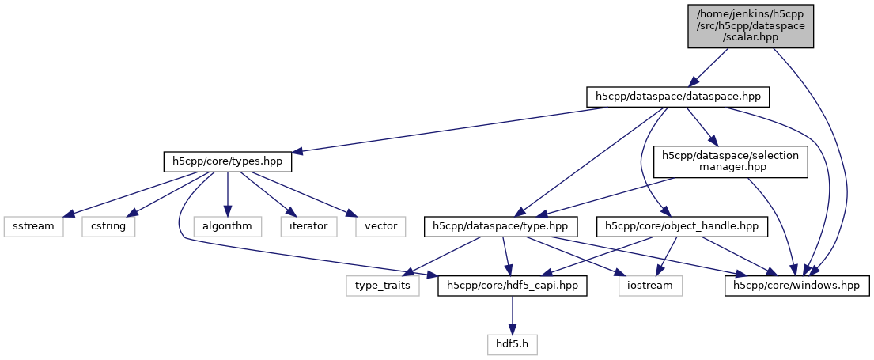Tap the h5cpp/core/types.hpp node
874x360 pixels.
coord(228,161)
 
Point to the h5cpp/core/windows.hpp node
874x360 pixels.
coord(798,284)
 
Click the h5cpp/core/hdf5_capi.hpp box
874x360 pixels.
coord(513,284)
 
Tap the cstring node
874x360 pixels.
coord(108,226)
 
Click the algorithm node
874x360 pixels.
coord(227,226)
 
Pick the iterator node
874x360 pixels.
coord(308,226)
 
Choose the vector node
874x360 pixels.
coord(380,226)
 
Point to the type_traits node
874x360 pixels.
coord(383,284)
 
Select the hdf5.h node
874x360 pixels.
coord(513,345)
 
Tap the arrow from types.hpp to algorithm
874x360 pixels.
coord(228,194)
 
